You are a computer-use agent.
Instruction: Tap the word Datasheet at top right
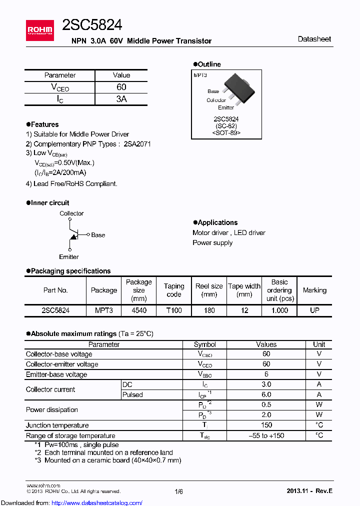[x=314, y=39]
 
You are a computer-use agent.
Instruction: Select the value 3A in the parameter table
[x=121, y=99]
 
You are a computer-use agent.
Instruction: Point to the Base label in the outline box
[x=213, y=91]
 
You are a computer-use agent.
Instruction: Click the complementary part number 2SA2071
[x=137, y=144]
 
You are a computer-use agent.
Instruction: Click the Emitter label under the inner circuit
[x=69, y=257]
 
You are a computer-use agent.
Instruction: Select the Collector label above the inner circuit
[x=71, y=213]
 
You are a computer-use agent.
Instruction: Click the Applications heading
[x=217, y=222]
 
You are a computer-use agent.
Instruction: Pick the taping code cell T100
[x=174, y=310]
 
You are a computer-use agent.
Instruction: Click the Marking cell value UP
[x=314, y=310]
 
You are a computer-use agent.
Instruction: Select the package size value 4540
[x=138, y=310]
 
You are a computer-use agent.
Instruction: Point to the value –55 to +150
[x=266, y=435]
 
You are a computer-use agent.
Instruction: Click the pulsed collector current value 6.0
[x=266, y=394]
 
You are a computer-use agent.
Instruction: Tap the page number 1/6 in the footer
[x=179, y=491]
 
